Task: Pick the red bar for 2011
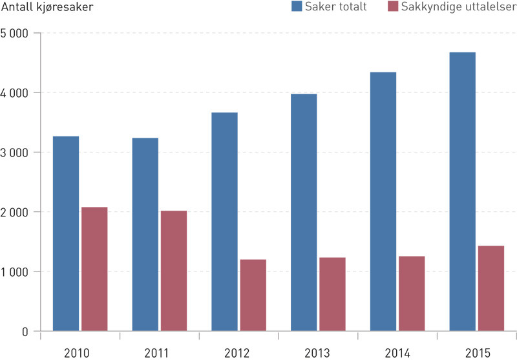click(174, 271)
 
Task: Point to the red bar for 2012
click(253, 295)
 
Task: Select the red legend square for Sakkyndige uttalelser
click(392, 7)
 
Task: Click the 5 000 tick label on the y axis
click(16, 33)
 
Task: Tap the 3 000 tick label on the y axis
click(16, 153)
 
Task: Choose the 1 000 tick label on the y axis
click(16, 271)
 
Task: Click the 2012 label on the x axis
click(238, 352)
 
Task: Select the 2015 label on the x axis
click(477, 352)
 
